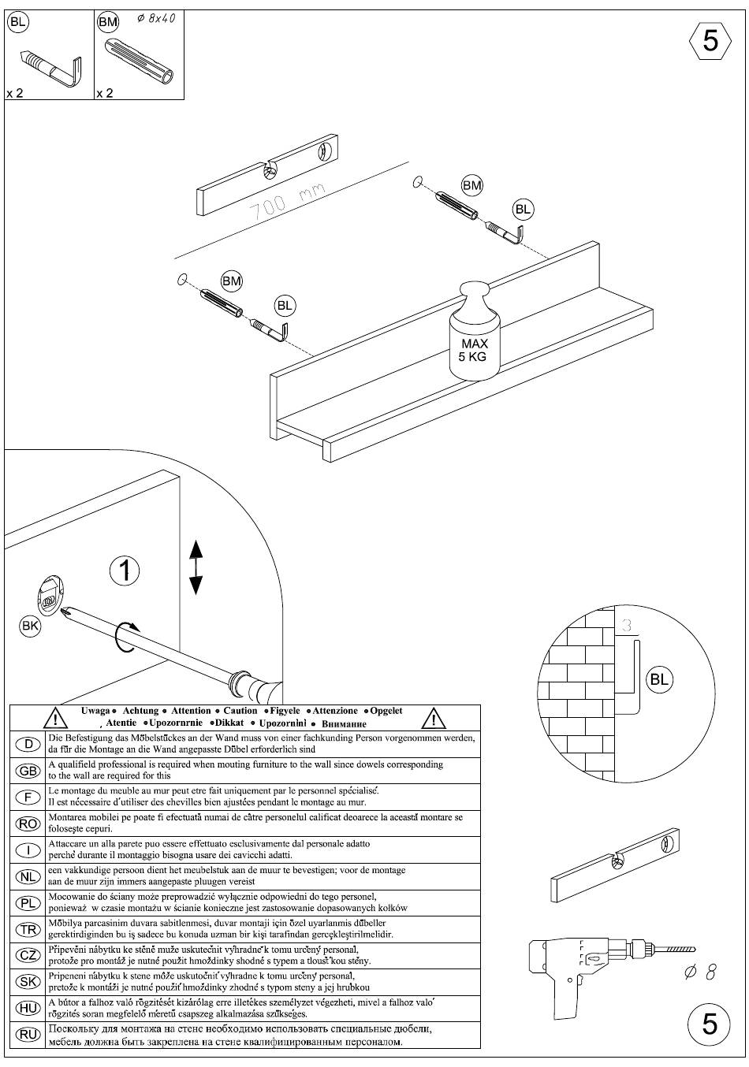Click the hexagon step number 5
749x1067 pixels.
(710, 41)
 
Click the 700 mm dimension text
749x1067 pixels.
(287, 202)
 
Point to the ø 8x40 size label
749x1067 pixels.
(156, 19)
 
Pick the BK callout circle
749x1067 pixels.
(30, 626)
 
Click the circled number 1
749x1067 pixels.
(125, 571)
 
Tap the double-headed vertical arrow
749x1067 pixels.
(196, 567)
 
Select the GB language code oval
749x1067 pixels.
(28, 771)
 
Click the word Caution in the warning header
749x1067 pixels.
(240, 711)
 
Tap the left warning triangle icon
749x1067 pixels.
(56, 719)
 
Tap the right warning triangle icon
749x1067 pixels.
(434, 719)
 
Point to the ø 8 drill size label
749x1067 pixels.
(700, 972)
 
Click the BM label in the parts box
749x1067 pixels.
(108, 22)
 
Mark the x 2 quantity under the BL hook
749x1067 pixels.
(15, 93)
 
